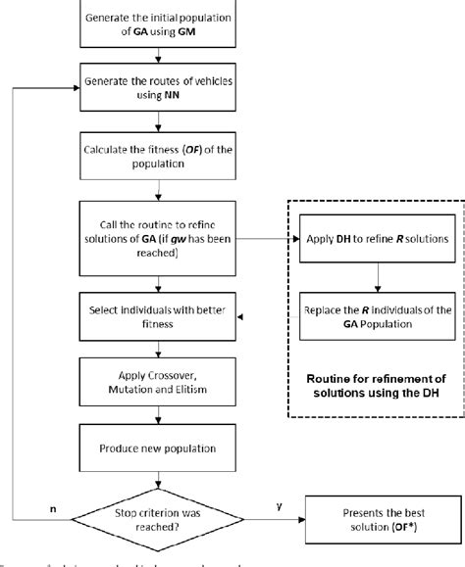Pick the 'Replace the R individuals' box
tap(376, 316)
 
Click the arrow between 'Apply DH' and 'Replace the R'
tap(376, 277)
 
